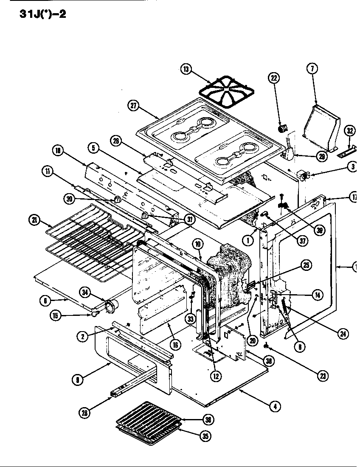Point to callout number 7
312,68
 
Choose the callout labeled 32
349,131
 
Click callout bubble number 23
323,375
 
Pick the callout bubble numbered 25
306,265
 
